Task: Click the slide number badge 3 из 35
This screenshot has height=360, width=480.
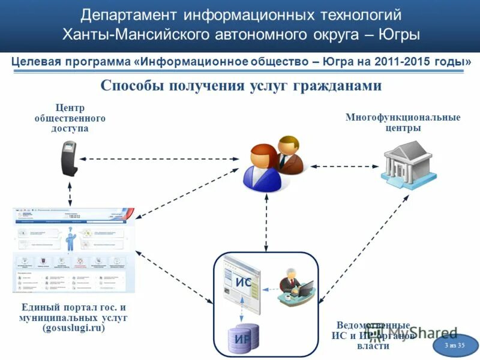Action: (455, 346)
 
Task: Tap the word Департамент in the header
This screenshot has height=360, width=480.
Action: (130, 15)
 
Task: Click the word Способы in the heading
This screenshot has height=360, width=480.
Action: (133, 85)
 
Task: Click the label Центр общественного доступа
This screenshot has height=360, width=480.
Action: (70, 118)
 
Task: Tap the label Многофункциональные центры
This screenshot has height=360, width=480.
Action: (403, 122)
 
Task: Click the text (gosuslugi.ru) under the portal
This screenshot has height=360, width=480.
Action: (73, 328)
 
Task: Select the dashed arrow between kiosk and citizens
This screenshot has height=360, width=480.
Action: (160, 159)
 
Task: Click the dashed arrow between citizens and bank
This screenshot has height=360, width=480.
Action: (343, 166)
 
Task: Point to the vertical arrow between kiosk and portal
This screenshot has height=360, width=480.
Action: (70, 192)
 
